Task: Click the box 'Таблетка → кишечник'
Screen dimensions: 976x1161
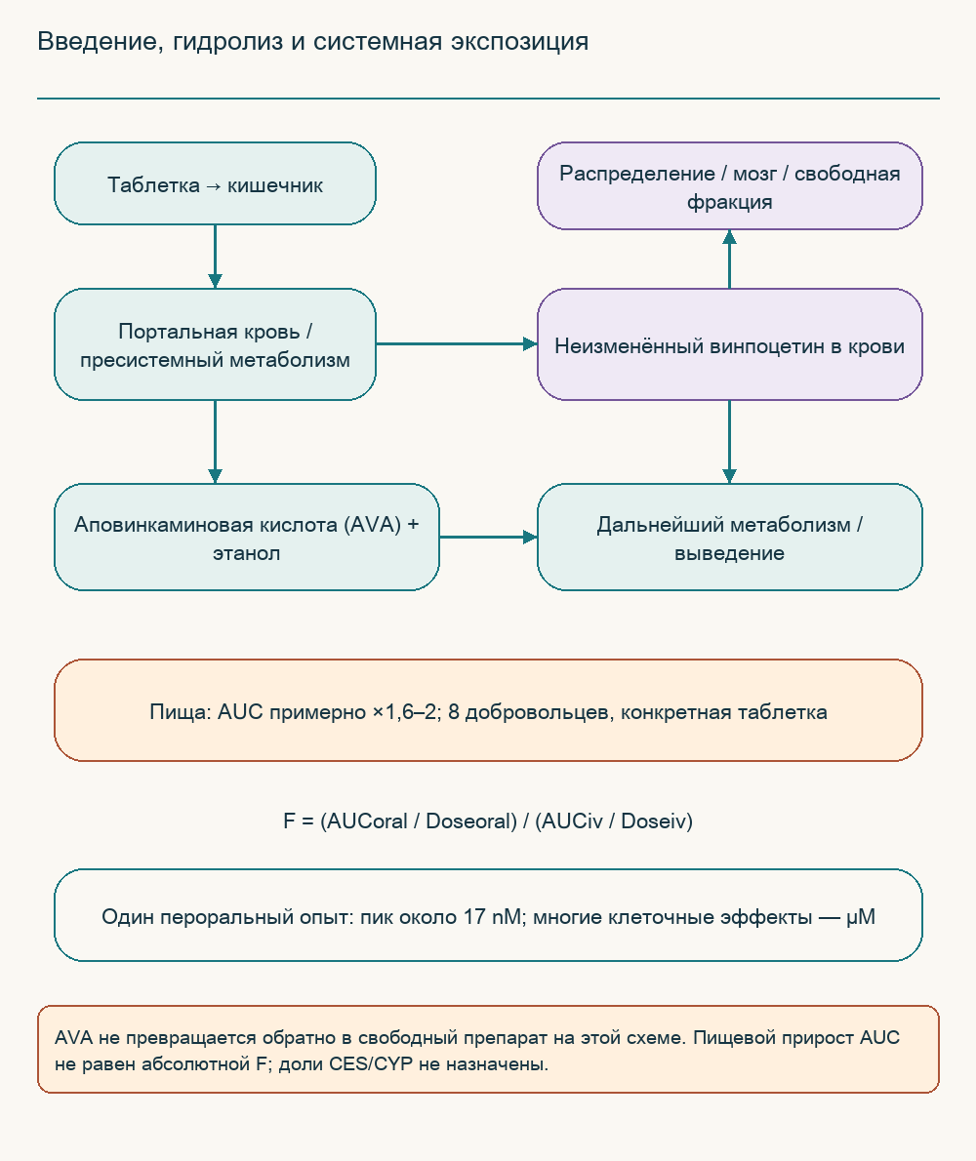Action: point(215,183)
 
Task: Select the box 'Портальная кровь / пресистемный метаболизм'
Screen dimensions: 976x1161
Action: point(215,344)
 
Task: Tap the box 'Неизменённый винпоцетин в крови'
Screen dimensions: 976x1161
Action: point(729,344)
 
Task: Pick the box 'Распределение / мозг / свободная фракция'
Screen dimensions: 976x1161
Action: point(729,185)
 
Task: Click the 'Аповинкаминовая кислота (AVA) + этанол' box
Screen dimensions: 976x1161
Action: point(247,537)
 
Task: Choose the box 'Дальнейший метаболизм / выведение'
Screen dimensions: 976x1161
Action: point(729,537)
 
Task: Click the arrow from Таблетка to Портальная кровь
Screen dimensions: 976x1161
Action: point(215,257)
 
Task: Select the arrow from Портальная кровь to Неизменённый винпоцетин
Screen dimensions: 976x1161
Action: point(456,344)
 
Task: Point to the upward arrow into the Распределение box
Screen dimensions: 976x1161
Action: point(729,260)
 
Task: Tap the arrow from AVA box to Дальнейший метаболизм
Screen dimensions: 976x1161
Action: point(488,537)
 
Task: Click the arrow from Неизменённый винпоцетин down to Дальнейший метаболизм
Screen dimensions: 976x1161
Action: point(729,442)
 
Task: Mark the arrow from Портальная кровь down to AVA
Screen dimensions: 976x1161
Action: point(215,442)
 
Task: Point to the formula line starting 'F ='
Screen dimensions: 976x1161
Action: point(488,821)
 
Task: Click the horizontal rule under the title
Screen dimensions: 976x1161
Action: point(488,98)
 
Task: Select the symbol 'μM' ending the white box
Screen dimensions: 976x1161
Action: point(861,917)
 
